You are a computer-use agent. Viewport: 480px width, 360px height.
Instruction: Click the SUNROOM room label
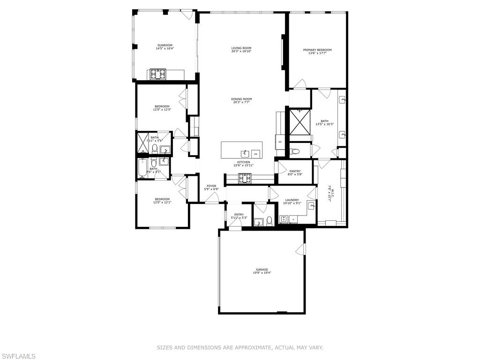(164, 45)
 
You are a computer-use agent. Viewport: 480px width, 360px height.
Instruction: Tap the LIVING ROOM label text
(241, 48)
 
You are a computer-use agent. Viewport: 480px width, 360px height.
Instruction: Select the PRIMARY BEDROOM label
(317, 50)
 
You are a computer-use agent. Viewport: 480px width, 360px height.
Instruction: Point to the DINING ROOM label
(241, 99)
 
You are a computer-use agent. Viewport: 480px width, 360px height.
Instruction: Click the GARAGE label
(262, 270)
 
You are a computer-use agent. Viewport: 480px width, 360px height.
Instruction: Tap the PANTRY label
(295, 171)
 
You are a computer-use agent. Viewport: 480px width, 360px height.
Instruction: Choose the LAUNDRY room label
(292, 200)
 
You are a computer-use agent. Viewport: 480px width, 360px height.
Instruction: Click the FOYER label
(211, 186)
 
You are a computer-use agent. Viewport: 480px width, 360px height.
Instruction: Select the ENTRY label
(239, 215)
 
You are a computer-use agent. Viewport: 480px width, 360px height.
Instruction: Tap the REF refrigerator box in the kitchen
(280, 142)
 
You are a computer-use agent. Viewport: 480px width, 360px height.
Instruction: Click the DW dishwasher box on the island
(255, 153)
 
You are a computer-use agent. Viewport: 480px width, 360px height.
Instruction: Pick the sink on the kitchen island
(244, 153)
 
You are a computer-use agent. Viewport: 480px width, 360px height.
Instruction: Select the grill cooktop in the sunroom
(158, 74)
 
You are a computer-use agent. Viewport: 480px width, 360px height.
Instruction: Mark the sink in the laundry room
(311, 206)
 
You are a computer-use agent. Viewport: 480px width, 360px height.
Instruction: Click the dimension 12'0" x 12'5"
(162, 110)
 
